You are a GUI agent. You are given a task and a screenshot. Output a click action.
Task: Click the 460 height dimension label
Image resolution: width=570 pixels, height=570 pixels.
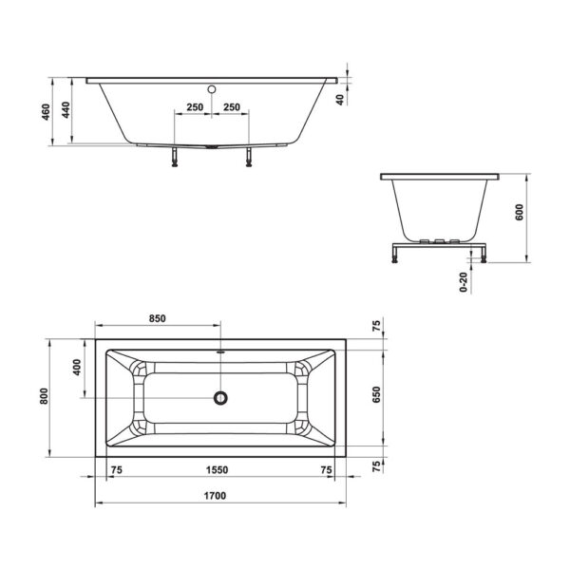[x=46, y=112]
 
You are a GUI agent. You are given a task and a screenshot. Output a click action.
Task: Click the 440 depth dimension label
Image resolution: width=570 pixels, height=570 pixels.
[x=66, y=110]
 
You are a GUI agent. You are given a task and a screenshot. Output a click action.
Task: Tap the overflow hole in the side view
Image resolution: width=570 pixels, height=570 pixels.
[x=212, y=89]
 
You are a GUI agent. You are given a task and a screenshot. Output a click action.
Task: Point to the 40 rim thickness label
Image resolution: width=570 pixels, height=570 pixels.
[x=340, y=100]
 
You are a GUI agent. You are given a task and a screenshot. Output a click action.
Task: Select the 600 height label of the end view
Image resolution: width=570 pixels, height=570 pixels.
[x=520, y=212]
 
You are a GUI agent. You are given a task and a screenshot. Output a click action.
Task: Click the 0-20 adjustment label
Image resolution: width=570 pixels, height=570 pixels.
[x=464, y=282]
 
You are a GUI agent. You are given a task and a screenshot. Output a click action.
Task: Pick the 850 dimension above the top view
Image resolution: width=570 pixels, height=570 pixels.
[x=158, y=318]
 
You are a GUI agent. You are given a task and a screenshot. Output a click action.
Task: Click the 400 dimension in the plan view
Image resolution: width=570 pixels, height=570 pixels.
[x=77, y=367]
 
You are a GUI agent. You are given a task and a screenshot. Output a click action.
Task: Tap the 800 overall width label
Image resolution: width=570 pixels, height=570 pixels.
[x=44, y=396]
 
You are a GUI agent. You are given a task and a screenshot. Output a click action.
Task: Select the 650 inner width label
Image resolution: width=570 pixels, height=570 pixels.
[x=376, y=395]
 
